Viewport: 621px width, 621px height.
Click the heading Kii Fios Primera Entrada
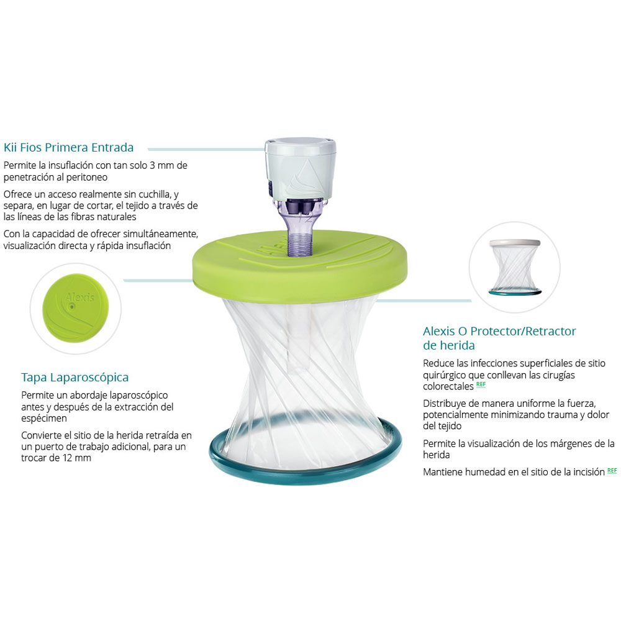pos(68,147)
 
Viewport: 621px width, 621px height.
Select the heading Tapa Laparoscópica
pos(75,378)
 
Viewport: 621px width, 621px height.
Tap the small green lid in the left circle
pos(76,308)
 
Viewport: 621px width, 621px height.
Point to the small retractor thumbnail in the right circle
pos(514,267)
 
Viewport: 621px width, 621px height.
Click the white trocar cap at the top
pos(300,168)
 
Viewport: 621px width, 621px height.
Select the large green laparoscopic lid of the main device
pos(300,270)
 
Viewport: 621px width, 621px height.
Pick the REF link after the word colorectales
pos(481,385)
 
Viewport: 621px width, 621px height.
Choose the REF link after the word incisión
pos(612,471)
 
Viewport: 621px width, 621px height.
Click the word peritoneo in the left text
pos(87,177)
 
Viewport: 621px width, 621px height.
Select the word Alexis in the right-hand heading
pos(439,331)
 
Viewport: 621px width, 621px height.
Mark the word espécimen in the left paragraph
pos(44,419)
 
